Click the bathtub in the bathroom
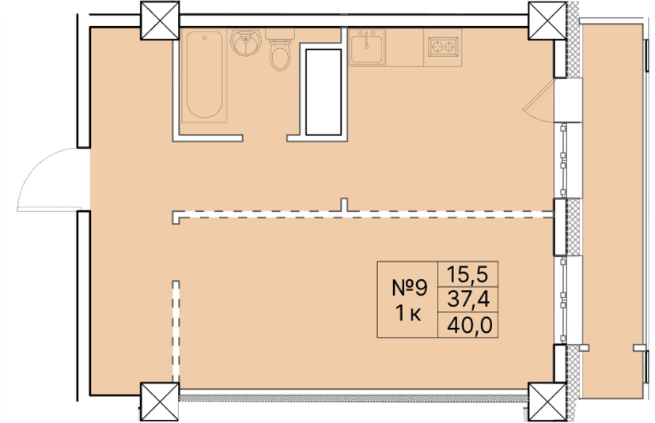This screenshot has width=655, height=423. pyautogui.click(x=205, y=76)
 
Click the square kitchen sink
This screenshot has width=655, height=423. pyautogui.click(x=366, y=47)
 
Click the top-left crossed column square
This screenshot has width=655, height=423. pyautogui.click(x=161, y=21)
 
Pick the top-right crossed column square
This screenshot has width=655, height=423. pyautogui.click(x=547, y=21)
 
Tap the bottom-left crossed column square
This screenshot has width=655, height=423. pyautogui.click(x=161, y=402)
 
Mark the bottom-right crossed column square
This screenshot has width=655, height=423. pyautogui.click(x=547, y=402)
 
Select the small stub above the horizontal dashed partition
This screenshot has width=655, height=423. pyautogui.click(x=343, y=205)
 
